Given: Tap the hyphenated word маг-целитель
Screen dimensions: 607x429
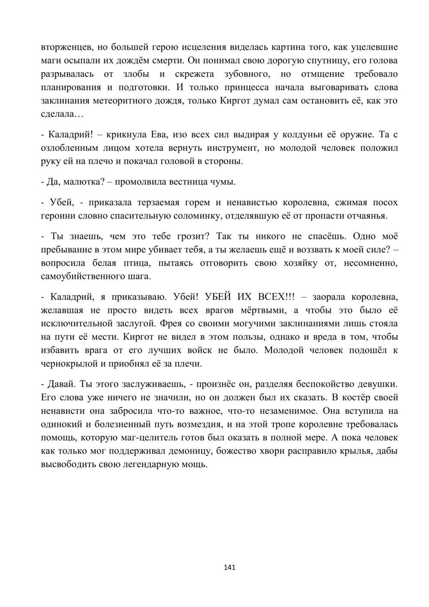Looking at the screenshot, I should pyautogui.click(x=195, y=437).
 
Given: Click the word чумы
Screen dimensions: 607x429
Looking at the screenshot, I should pyautogui.click(x=225, y=182).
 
